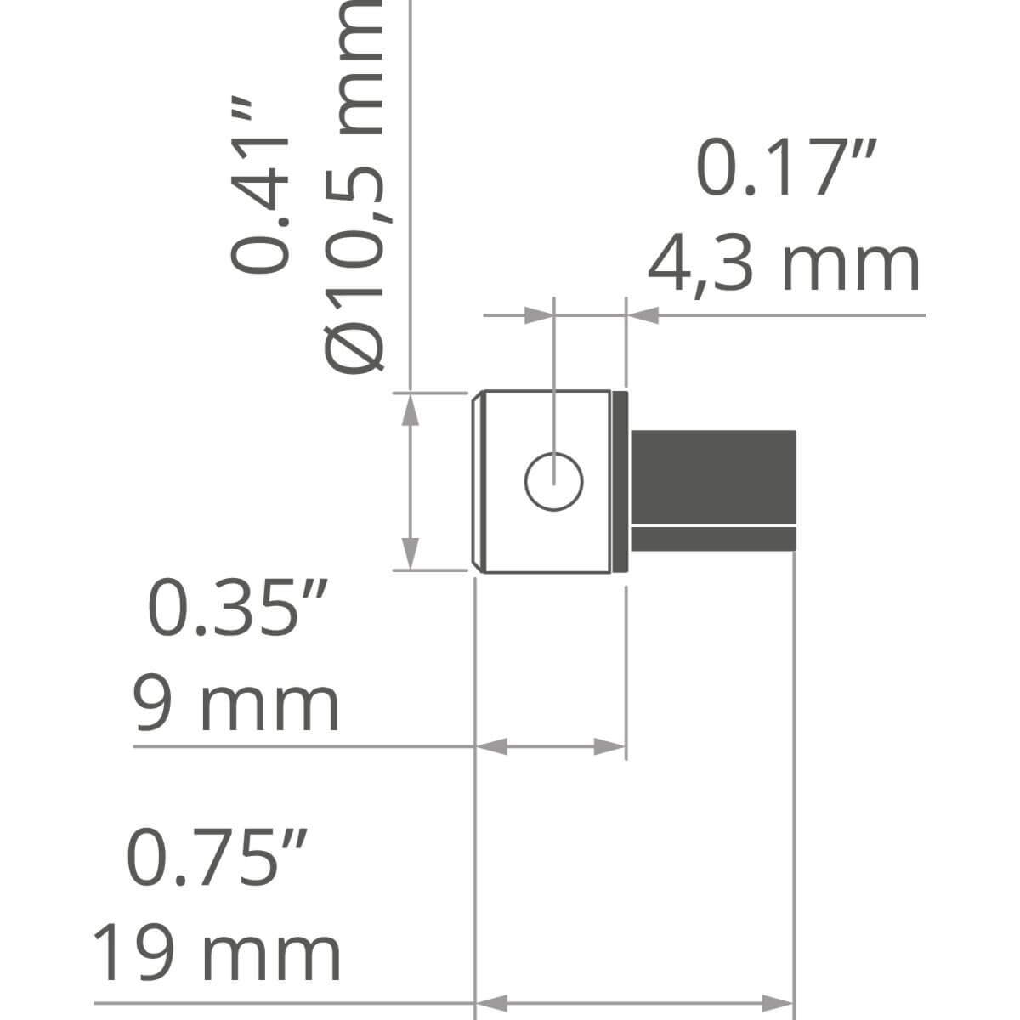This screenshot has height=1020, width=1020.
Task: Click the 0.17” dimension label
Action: tap(786, 167)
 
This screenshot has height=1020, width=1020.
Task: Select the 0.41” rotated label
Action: tap(260, 184)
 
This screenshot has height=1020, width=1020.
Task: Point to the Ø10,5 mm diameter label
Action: tap(353, 185)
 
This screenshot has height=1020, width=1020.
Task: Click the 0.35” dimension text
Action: tap(238, 608)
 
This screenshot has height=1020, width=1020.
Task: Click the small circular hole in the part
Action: tap(553, 482)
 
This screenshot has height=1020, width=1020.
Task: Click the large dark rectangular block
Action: tap(713, 477)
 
